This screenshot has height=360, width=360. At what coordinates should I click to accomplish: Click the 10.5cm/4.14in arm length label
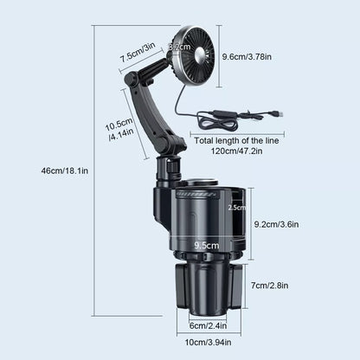[120, 131]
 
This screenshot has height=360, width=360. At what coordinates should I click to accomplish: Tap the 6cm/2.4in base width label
[209, 325]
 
